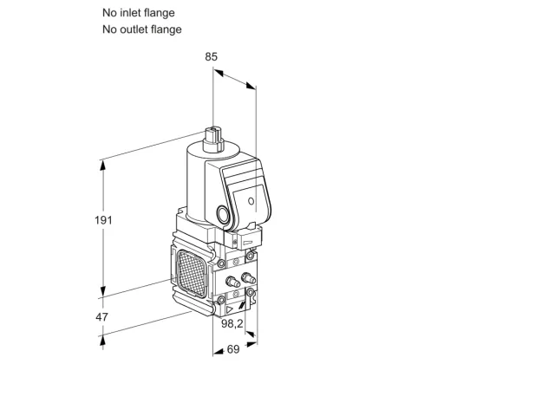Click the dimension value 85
211,56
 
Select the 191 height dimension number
103,220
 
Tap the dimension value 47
101,317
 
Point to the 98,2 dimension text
232,323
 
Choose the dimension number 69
233,349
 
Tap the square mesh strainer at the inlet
191,273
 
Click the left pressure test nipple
232,282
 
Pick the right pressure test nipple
248,278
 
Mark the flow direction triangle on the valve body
229,309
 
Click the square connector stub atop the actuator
213,139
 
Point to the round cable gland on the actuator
223,214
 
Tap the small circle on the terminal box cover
251,201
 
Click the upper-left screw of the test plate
222,263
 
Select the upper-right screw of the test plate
251,256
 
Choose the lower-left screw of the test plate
222,300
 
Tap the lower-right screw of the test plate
251,292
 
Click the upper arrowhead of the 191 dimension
103,166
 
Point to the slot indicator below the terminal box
248,243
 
